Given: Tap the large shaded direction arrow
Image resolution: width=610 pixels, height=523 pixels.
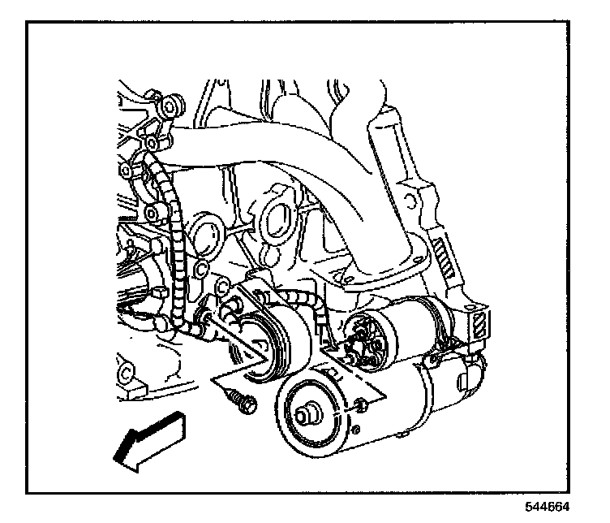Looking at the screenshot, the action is tap(149, 439).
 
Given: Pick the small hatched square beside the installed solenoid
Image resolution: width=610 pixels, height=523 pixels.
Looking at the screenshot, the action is tap(481, 322).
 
